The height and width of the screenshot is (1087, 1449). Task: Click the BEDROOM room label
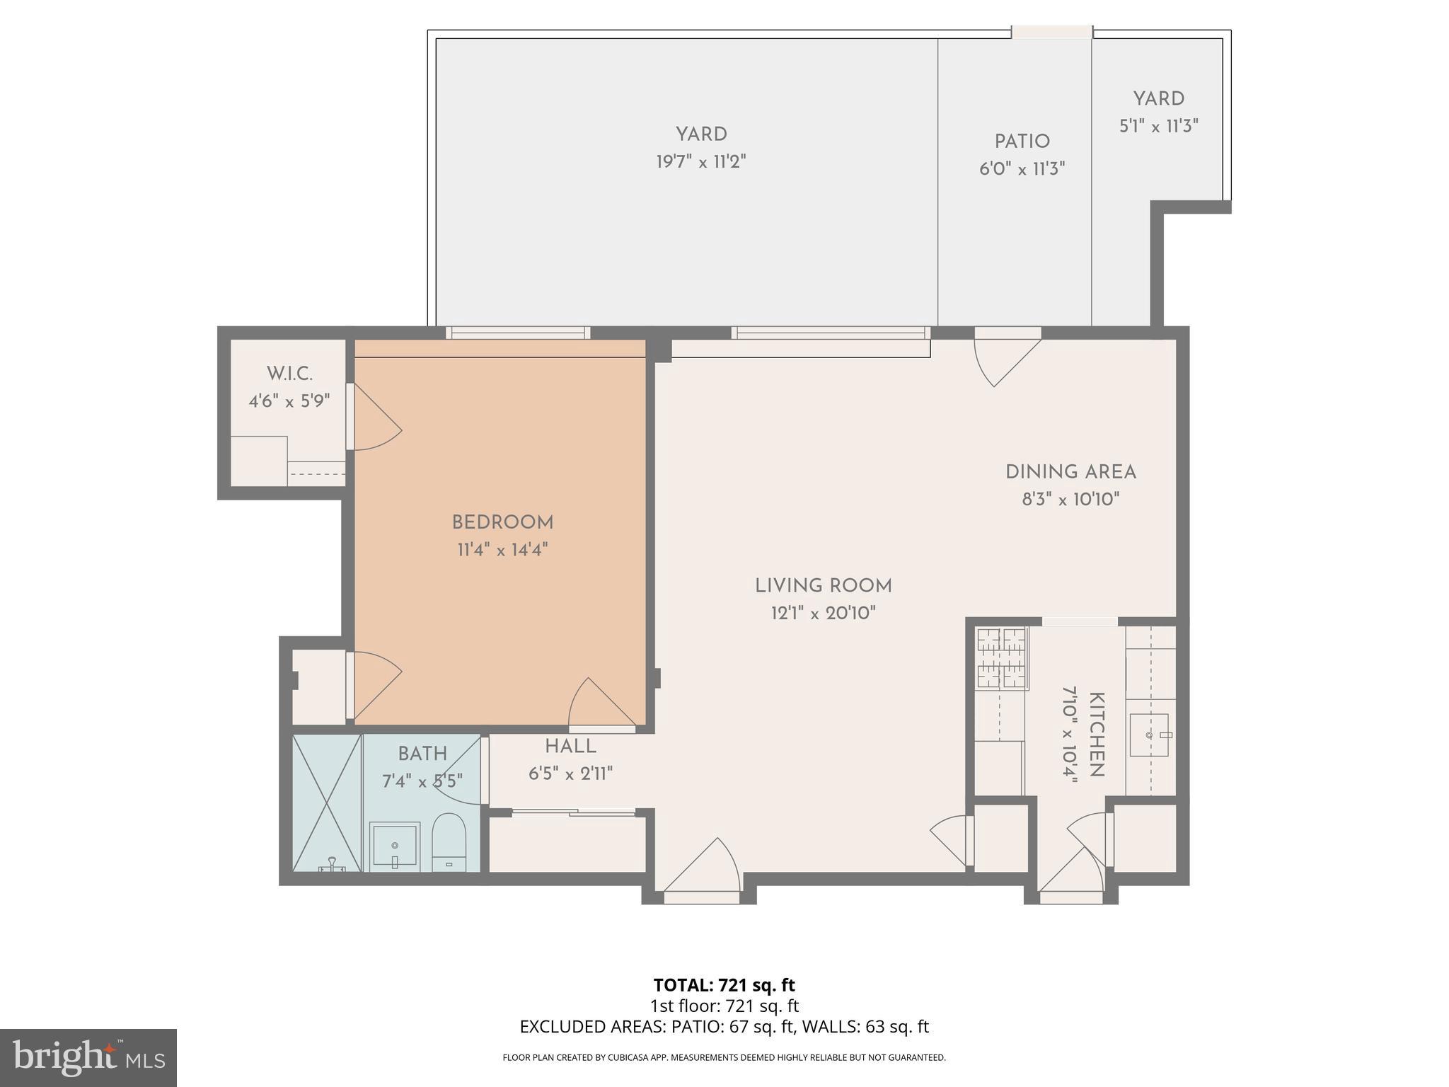[x=502, y=522]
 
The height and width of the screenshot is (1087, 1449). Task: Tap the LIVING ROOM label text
[x=823, y=586]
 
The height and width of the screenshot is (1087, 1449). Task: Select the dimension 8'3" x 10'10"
[x=1070, y=500]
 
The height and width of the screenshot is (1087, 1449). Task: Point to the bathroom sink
[x=394, y=845]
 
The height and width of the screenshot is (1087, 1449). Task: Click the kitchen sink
[x=1150, y=735]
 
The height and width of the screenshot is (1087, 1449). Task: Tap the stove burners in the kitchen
[x=1001, y=659]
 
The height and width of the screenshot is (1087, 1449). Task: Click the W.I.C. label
[x=289, y=374]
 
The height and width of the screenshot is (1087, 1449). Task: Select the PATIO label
[x=1022, y=142]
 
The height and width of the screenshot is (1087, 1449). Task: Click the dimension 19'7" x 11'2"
[x=700, y=162]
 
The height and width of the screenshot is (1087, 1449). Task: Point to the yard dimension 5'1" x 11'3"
[x=1158, y=127]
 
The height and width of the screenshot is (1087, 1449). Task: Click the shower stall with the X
[x=327, y=803]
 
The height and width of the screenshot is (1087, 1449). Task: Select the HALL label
[x=570, y=747]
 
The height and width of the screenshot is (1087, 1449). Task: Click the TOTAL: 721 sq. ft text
[x=724, y=985]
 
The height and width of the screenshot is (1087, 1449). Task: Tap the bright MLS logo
[x=88, y=1057]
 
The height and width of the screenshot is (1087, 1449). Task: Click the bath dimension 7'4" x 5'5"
[x=422, y=781]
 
